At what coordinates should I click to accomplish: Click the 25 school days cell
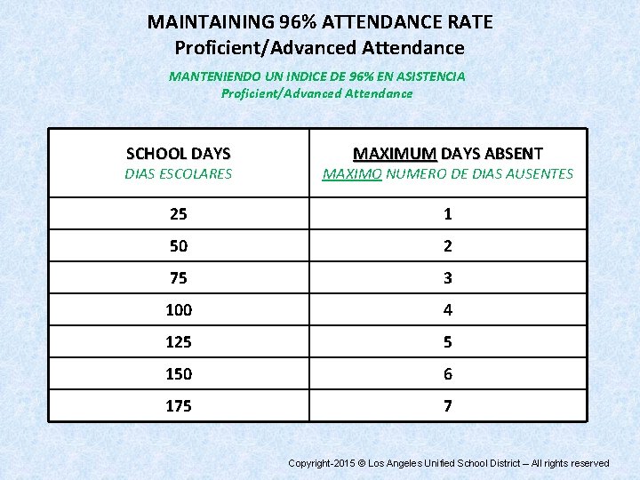[x=179, y=213]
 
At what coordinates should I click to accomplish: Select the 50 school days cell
[x=179, y=245]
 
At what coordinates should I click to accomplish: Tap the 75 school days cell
[x=179, y=277]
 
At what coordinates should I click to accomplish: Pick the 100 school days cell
[x=179, y=310]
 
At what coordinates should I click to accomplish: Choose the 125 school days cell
[x=179, y=342]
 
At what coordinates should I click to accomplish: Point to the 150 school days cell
[x=179, y=374]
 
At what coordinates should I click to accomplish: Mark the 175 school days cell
[x=179, y=406]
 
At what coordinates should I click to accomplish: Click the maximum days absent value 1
[x=448, y=213]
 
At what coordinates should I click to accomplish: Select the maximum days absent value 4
[x=448, y=310]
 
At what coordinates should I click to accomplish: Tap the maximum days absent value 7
[x=448, y=406]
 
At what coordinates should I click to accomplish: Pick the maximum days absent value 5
[x=448, y=342]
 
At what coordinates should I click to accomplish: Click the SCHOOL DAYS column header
[x=179, y=154]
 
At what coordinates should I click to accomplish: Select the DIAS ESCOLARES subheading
[x=179, y=174]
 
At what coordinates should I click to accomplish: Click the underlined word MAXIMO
[x=352, y=174]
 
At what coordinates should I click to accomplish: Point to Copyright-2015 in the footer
[x=322, y=463]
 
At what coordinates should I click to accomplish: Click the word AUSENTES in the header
[x=540, y=174]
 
